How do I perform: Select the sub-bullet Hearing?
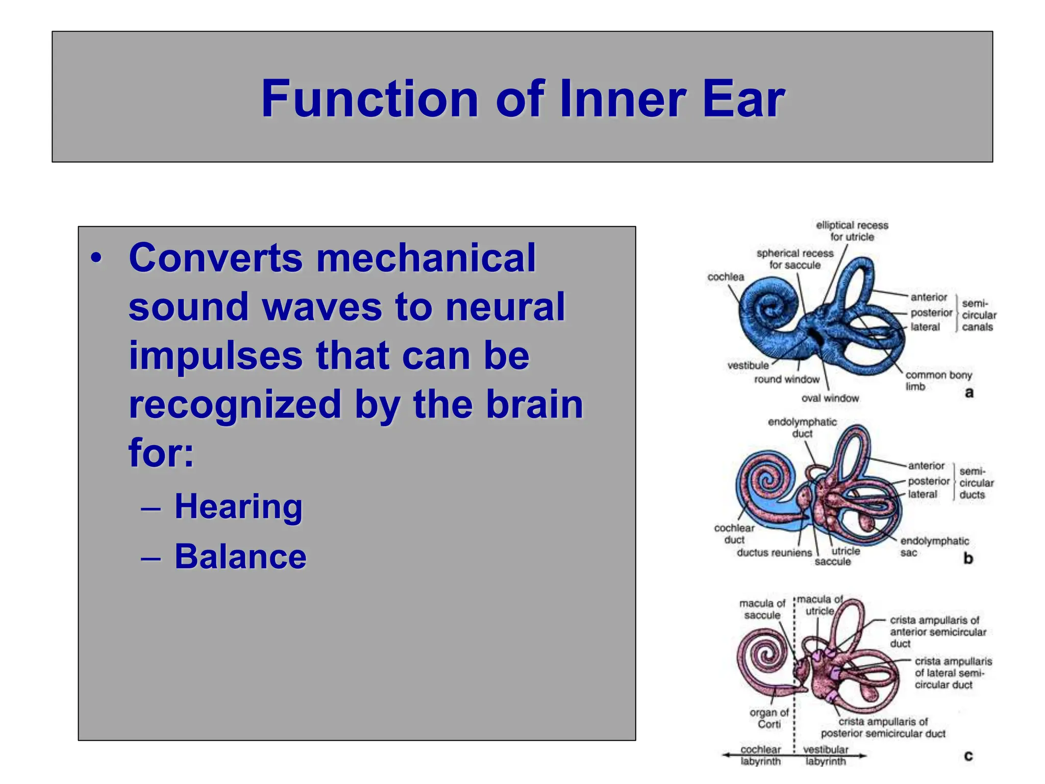(238, 506)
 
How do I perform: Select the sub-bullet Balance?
(240, 556)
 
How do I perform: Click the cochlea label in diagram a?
(725, 277)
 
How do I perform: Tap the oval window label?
(830, 398)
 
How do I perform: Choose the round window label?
(786, 379)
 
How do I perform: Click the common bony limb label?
(938, 380)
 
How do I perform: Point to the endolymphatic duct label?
(802, 428)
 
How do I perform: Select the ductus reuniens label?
(774, 553)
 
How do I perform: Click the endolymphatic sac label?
(933, 546)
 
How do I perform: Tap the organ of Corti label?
(768, 718)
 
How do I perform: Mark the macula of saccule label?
(762, 609)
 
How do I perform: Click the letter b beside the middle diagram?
(968, 558)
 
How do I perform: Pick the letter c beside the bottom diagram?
(968, 755)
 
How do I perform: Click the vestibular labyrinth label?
(825, 755)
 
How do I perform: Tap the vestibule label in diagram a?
(748, 365)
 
